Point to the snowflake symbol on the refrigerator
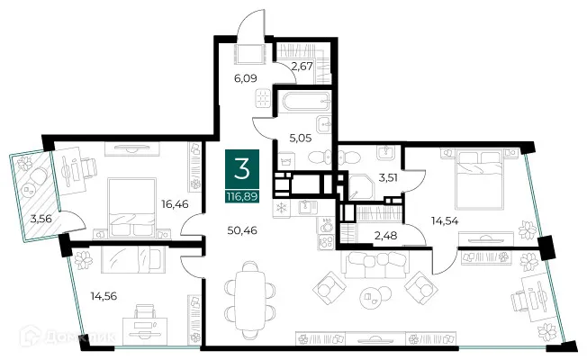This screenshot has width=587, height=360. click(x=280, y=208)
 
